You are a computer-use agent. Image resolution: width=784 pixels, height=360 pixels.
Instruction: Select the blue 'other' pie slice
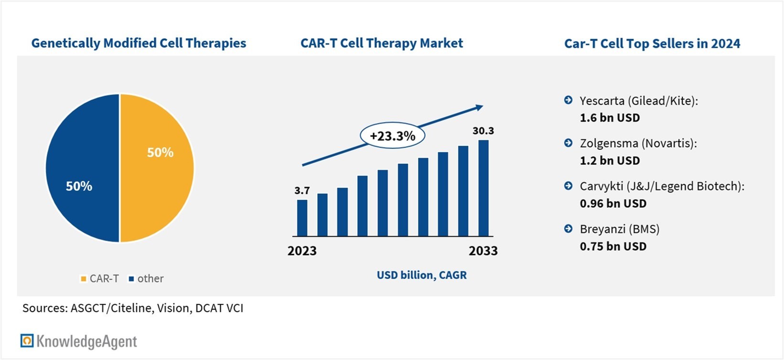[x=83, y=168]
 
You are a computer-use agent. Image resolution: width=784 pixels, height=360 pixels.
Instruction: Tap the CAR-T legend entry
[x=99, y=278]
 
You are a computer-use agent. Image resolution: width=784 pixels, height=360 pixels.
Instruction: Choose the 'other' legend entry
[x=146, y=278]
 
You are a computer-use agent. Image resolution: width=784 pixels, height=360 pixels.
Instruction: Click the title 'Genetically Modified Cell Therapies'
[x=139, y=43]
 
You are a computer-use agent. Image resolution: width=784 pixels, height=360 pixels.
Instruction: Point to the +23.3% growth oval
[x=392, y=136]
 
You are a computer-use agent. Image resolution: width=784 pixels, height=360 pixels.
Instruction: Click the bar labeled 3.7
[x=302, y=218]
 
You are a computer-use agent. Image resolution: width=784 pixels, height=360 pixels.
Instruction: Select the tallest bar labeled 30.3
[x=483, y=188]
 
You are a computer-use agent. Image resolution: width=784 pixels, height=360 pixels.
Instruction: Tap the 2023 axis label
[x=302, y=251]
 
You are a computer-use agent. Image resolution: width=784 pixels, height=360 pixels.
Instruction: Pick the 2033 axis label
[x=483, y=251]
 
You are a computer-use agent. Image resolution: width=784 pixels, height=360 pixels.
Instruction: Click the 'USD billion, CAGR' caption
[x=422, y=275]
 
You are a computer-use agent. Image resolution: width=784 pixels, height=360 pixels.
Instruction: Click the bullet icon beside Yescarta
[x=569, y=100]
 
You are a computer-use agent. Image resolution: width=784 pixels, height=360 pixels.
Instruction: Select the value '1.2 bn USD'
[x=610, y=160]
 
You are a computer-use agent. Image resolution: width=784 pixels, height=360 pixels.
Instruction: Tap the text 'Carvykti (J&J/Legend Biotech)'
[x=661, y=186]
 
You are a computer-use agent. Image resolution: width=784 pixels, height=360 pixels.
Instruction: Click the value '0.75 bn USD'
[x=613, y=246]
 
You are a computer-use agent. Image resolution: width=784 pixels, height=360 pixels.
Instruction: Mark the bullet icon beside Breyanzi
[x=569, y=228]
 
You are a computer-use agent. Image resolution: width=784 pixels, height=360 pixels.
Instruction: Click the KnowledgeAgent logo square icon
[x=27, y=340]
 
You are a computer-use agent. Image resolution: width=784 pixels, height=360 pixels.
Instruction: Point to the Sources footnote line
[x=133, y=308]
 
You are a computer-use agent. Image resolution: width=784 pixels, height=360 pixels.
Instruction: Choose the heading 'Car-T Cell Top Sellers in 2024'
[x=652, y=43]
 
